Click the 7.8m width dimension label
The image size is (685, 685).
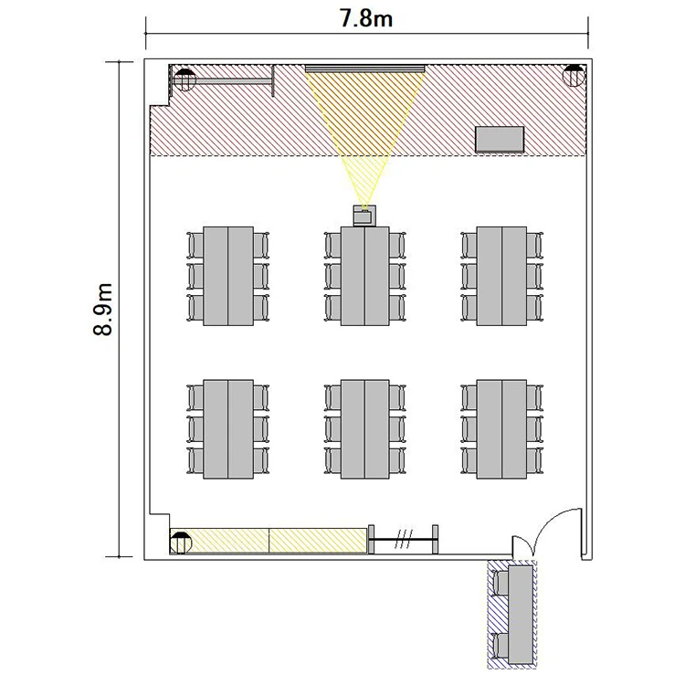point(366,19)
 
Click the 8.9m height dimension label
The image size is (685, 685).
point(103,310)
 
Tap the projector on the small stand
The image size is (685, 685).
point(364,216)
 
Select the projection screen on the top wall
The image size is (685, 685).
point(364,68)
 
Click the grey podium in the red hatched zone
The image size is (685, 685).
point(500,140)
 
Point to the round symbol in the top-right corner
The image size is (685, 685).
point(574,76)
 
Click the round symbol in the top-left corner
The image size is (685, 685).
point(184,80)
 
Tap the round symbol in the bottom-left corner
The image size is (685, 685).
point(181,543)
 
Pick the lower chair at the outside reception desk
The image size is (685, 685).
point(501,646)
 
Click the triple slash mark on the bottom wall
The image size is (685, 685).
point(403,540)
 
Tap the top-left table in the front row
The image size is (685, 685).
point(228,276)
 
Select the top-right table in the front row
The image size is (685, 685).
point(501,276)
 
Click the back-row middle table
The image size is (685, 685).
point(364,429)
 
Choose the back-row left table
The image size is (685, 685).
point(228,429)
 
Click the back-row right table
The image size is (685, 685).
point(501,429)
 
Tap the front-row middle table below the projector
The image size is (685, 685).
point(364,276)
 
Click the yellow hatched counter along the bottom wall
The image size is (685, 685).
point(269,541)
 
